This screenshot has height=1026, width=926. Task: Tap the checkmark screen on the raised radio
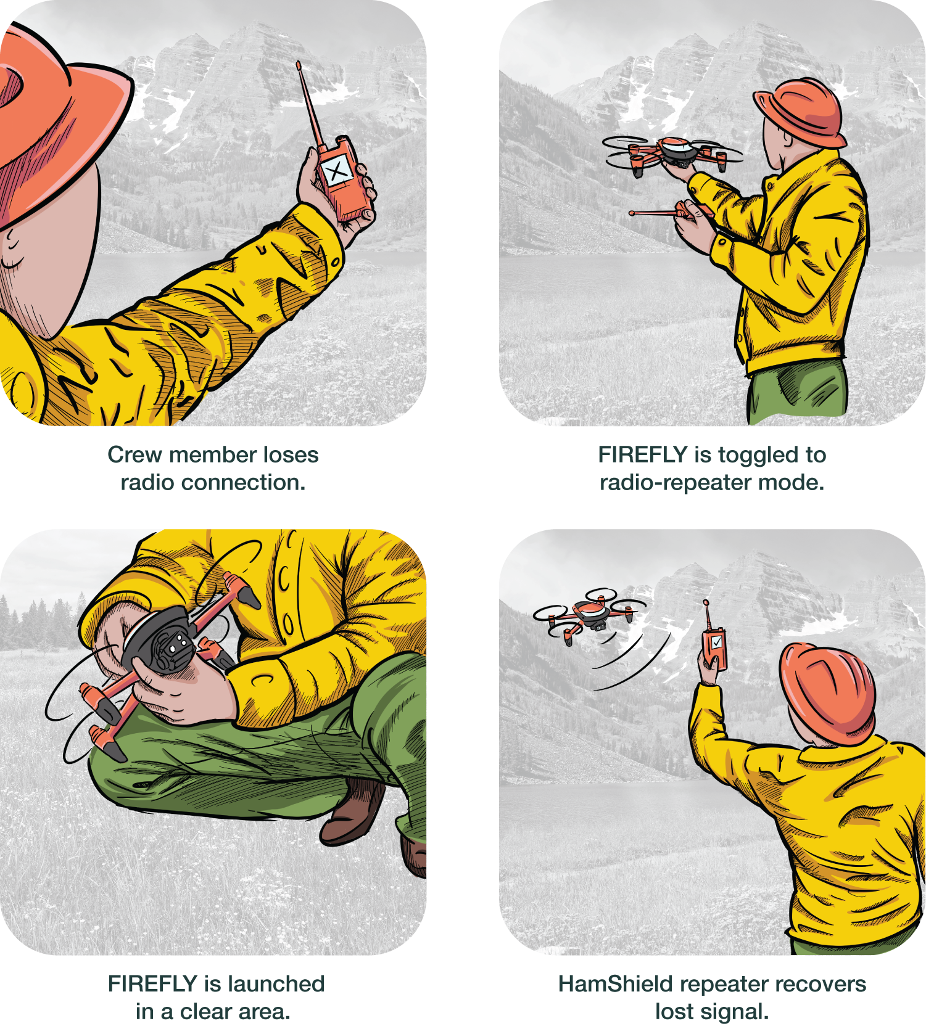[x=716, y=642]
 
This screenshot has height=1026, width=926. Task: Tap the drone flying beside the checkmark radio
[x=589, y=615]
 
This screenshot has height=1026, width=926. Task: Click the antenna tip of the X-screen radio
[x=299, y=64]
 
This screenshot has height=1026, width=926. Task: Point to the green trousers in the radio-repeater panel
[x=797, y=392]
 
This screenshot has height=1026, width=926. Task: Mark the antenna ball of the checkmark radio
[x=706, y=602]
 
